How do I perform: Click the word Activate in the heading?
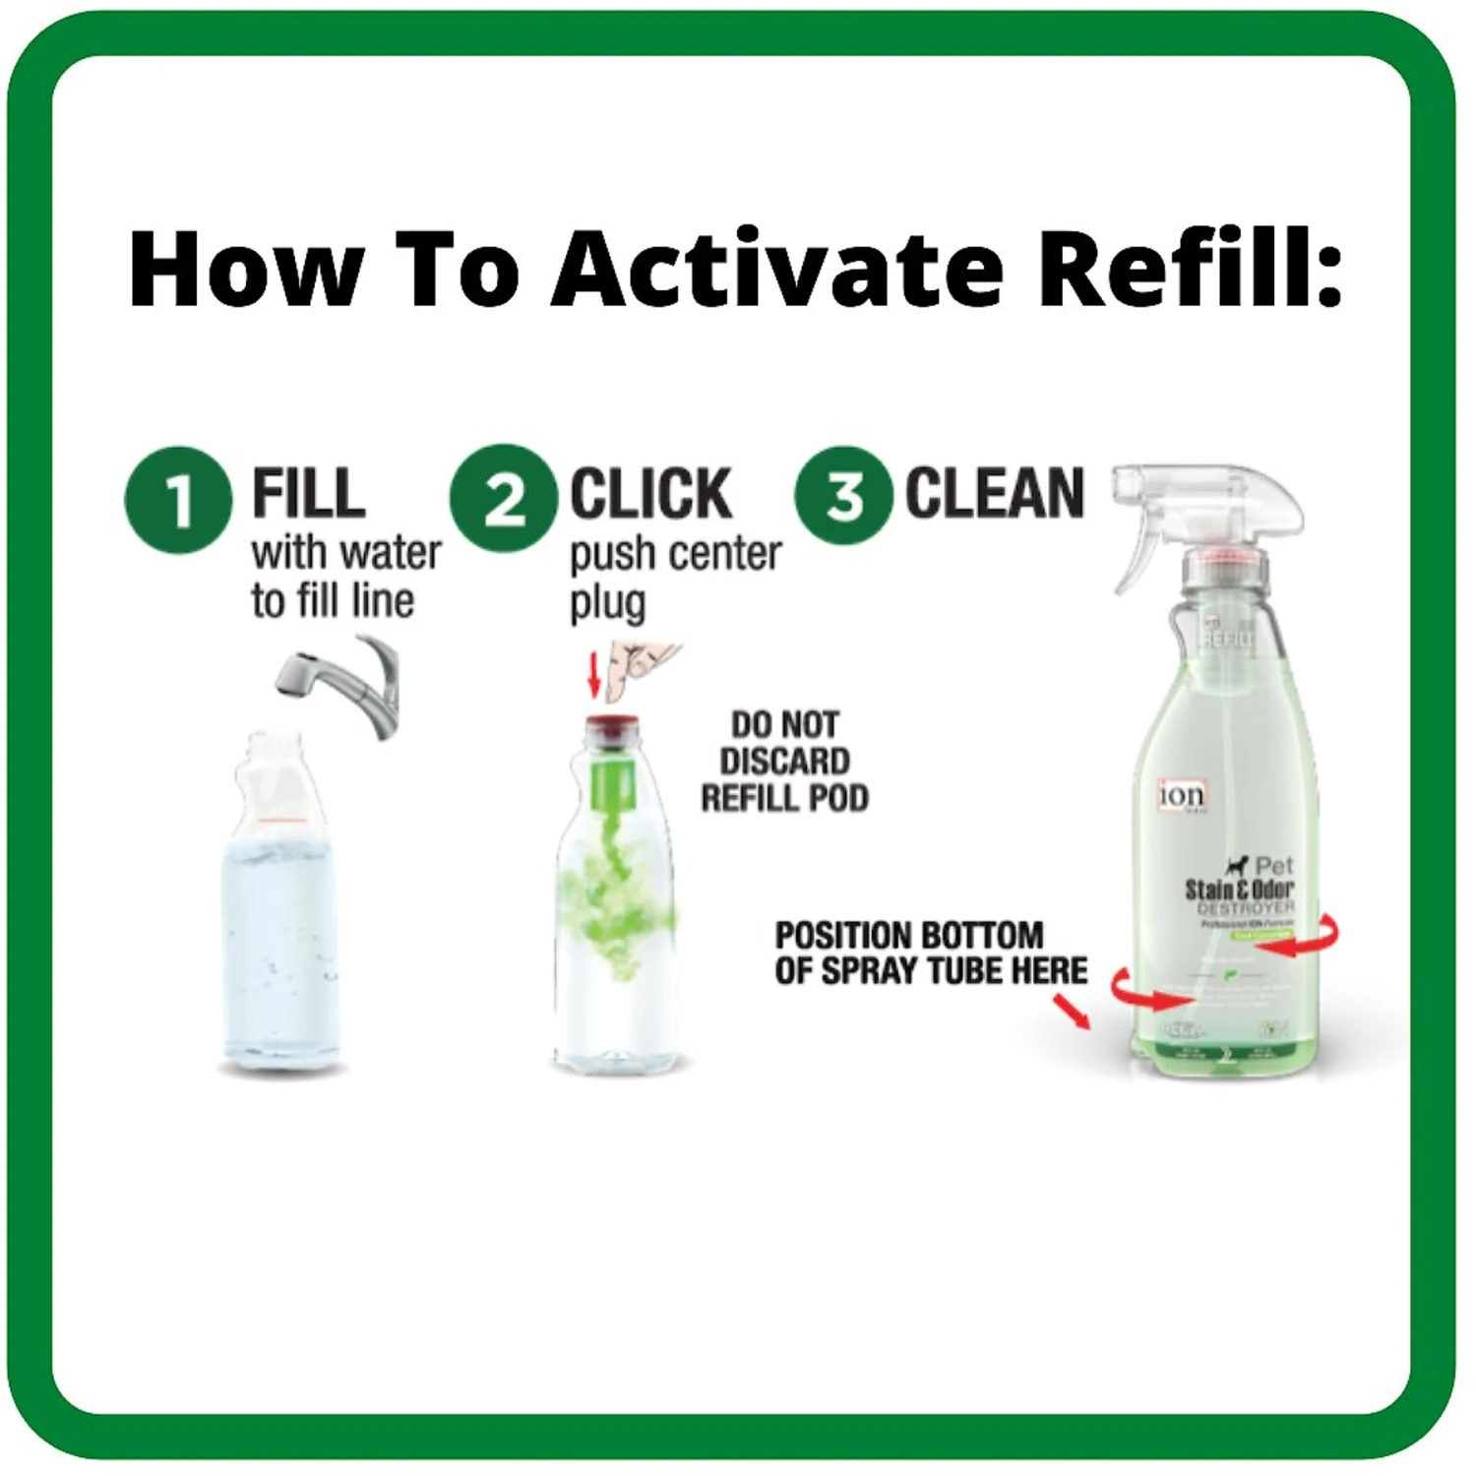tap(777, 270)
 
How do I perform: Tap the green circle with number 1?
tap(178, 500)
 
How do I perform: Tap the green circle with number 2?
tap(504, 498)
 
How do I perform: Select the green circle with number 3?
tap(843, 495)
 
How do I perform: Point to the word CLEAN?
tap(994, 493)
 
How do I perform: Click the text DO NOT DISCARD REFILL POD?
tap(784, 762)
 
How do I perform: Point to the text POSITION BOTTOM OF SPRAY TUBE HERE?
tap(929, 953)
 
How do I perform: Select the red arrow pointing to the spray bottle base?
tap(1073, 1012)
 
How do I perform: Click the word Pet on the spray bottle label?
tap(1273, 866)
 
